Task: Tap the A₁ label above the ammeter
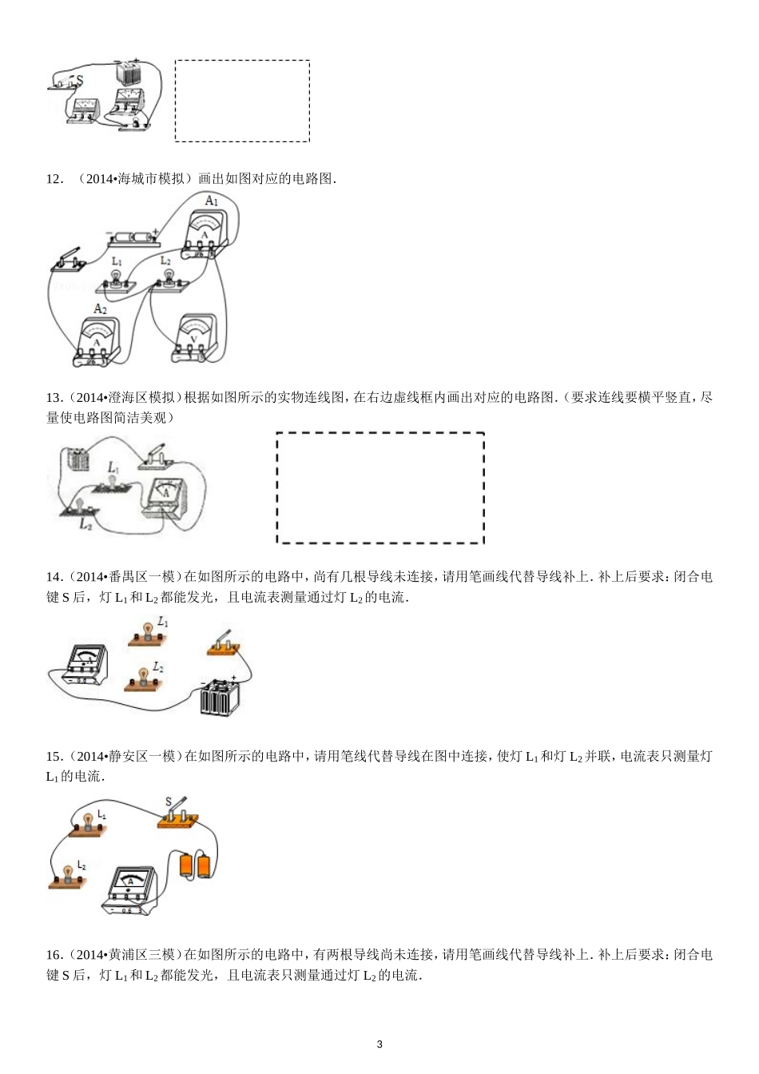pos(210,201)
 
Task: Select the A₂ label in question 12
pos(100,308)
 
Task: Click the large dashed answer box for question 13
pos(380,487)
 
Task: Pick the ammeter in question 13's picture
pos(166,496)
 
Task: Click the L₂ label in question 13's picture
pos(85,525)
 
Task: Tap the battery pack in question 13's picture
pos(79,461)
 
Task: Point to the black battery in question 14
pos(220,698)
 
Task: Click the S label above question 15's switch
pos(169,802)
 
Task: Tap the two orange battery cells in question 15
pos(196,865)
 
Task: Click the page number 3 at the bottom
pos(379,1044)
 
